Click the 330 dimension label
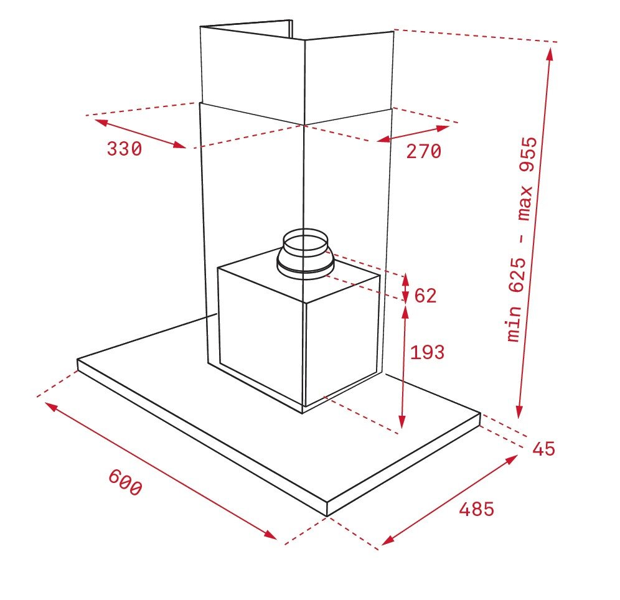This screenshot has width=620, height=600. click(124, 149)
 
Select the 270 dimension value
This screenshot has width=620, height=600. click(424, 151)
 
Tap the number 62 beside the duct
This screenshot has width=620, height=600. click(425, 296)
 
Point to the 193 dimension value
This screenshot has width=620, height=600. click(428, 352)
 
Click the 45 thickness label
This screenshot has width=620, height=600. click(543, 449)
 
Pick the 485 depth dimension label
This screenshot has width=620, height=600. click(476, 509)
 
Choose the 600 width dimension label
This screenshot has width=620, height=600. click(125, 482)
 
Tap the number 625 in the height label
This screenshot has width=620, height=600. click(517, 276)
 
